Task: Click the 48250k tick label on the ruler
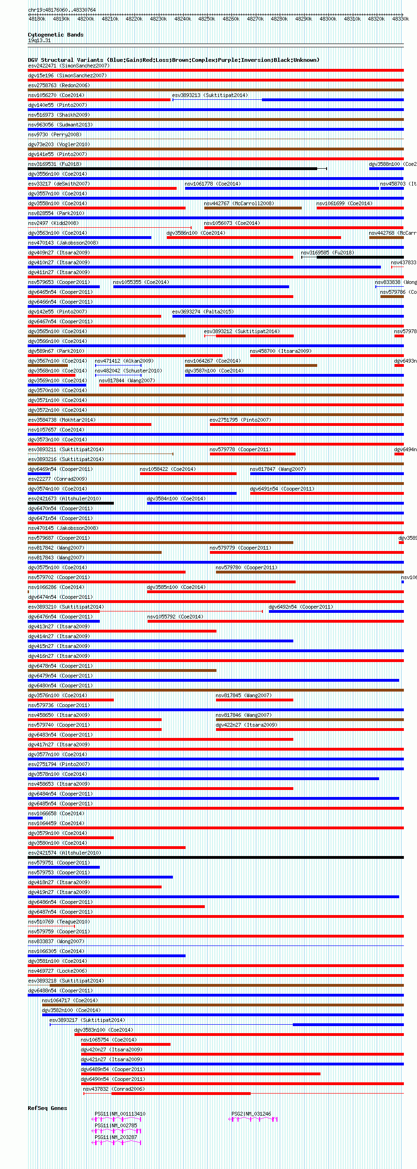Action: [206, 19]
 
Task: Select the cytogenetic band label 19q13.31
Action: [39, 41]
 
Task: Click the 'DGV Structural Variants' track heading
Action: [173, 60]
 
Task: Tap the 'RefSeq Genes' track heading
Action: [47, 1108]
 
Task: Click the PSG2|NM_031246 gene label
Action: [251, 1114]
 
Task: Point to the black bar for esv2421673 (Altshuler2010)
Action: [71, 503]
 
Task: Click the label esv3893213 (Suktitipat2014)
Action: [210, 95]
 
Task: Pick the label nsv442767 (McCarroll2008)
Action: [239, 203]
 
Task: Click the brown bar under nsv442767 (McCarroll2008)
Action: [253, 208]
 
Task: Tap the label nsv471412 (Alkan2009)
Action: [124, 361]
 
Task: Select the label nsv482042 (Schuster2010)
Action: [128, 371]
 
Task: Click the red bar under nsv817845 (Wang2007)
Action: [254, 700]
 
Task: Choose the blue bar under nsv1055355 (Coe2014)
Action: [201, 287]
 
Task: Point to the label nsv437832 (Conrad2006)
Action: [114, 1089]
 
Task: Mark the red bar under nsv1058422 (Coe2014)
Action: [188, 474]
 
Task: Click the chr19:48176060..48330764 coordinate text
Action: [62, 10]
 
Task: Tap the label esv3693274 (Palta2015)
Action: [203, 312]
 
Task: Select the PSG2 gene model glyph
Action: [253, 1119]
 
